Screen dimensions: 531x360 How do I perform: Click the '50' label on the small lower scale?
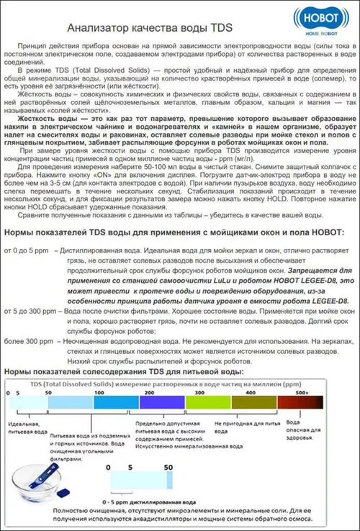(x=169, y=468)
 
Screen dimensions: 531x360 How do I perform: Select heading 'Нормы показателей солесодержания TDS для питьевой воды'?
(x=124, y=371)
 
